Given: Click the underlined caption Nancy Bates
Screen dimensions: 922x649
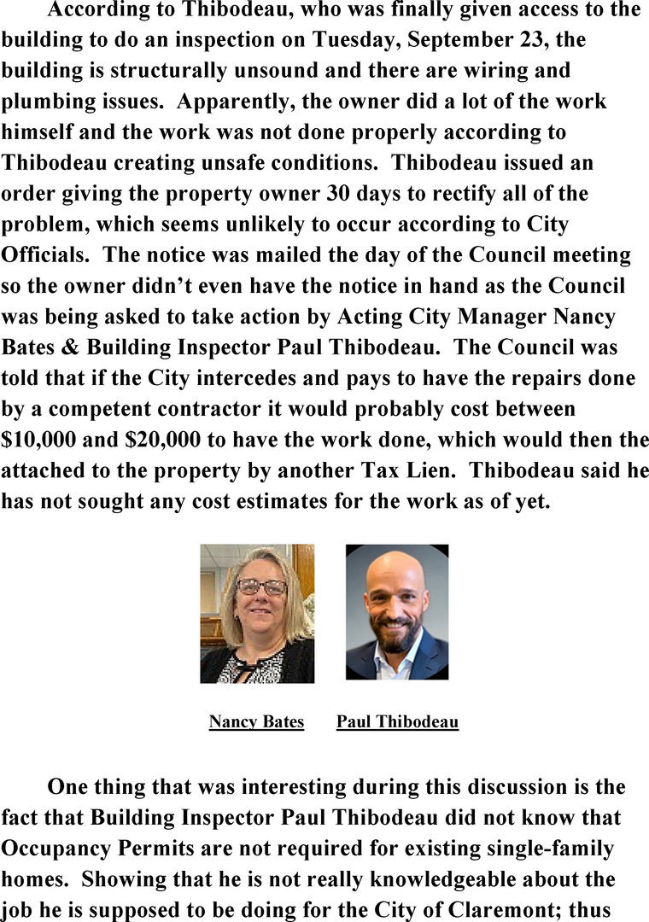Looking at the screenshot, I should click(256, 722).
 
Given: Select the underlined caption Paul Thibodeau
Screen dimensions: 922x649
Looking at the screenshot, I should click(397, 722).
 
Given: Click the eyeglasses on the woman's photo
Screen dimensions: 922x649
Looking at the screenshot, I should click(261, 586).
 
